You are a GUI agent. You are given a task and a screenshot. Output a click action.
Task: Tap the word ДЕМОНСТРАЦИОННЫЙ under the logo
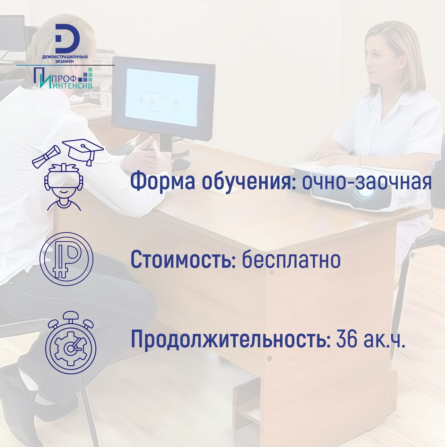[65, 57]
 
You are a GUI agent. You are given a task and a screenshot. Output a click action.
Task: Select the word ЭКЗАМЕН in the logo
[65, 62]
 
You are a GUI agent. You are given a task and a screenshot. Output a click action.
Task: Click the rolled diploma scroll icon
[47, 157]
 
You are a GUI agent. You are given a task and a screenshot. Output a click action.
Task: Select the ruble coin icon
[66, 259]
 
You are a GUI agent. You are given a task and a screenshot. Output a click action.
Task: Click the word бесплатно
[291, 259]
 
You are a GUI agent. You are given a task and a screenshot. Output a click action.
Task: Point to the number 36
[346, 340]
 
